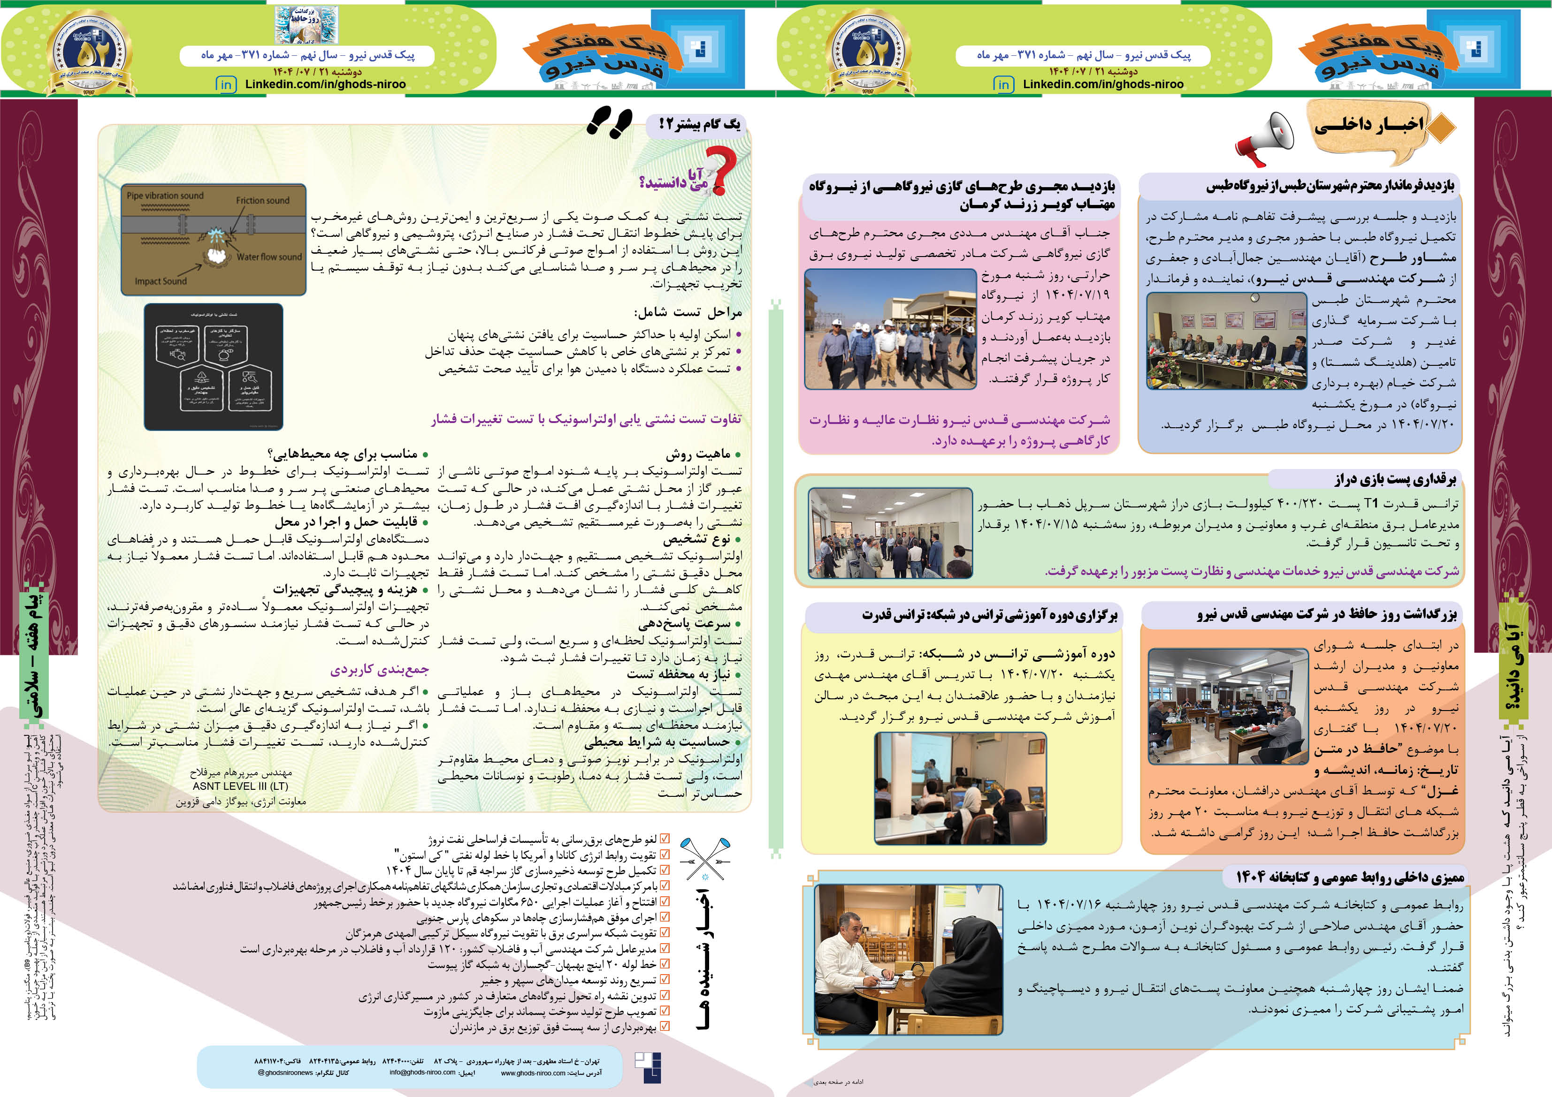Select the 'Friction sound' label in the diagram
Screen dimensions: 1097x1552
click(262, 201)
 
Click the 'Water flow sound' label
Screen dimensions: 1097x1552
click(269, 257)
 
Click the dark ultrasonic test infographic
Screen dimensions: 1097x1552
click(214, 366)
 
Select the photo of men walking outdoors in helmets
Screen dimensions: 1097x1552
click(891, 329)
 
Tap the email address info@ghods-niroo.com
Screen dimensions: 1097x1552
click(422, 1072)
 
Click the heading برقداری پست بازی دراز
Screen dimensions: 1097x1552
click(1395, 480)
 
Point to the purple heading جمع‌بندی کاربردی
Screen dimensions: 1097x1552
click(379, 670)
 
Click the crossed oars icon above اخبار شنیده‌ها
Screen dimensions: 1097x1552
click(705, 859)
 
